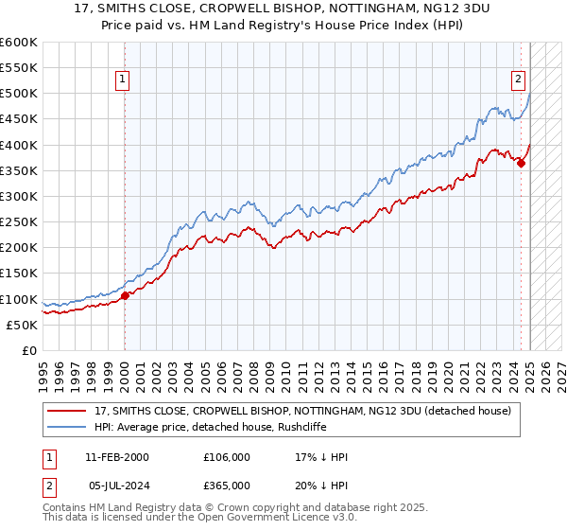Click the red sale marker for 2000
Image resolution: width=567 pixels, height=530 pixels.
[125, 295]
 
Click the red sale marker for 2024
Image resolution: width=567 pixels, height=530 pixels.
[521, 163]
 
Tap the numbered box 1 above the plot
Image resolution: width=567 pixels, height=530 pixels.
[125, 80]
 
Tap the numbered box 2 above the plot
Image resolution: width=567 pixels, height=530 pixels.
[519, 80]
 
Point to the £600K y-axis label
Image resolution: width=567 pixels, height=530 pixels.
[18, 43]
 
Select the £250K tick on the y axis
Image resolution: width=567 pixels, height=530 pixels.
[18, 221]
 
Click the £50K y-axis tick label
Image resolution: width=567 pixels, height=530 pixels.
[22, 325]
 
